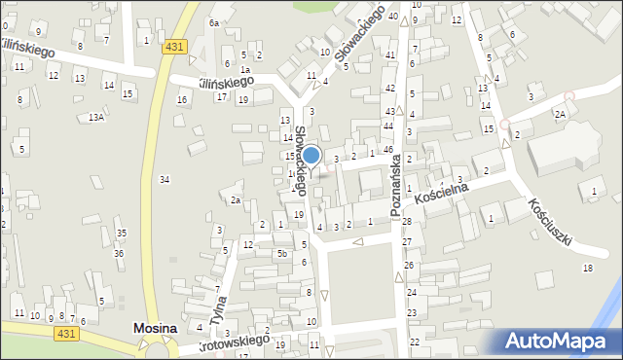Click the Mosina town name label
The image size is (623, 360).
click(x=155, y=330)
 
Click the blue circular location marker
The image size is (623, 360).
click(x=311, y=156)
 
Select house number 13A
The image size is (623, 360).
click(x=95, y=117)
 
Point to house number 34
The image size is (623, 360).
click(x=165, y=179)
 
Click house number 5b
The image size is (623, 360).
click(x=282, y=254)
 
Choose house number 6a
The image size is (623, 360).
click(x=213, y=21)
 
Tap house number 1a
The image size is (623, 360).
click(x=246, y=70)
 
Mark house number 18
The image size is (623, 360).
click(x=587, y=268)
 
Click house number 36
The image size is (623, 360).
click(x=119, y=253)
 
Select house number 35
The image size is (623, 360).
click(x=121, y=234)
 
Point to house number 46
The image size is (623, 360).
click(x=387, y=149)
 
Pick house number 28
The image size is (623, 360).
click(x=407, y=223)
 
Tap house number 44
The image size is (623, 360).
click(x=387, y=126)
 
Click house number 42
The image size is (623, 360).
click(x=389, y=89)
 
